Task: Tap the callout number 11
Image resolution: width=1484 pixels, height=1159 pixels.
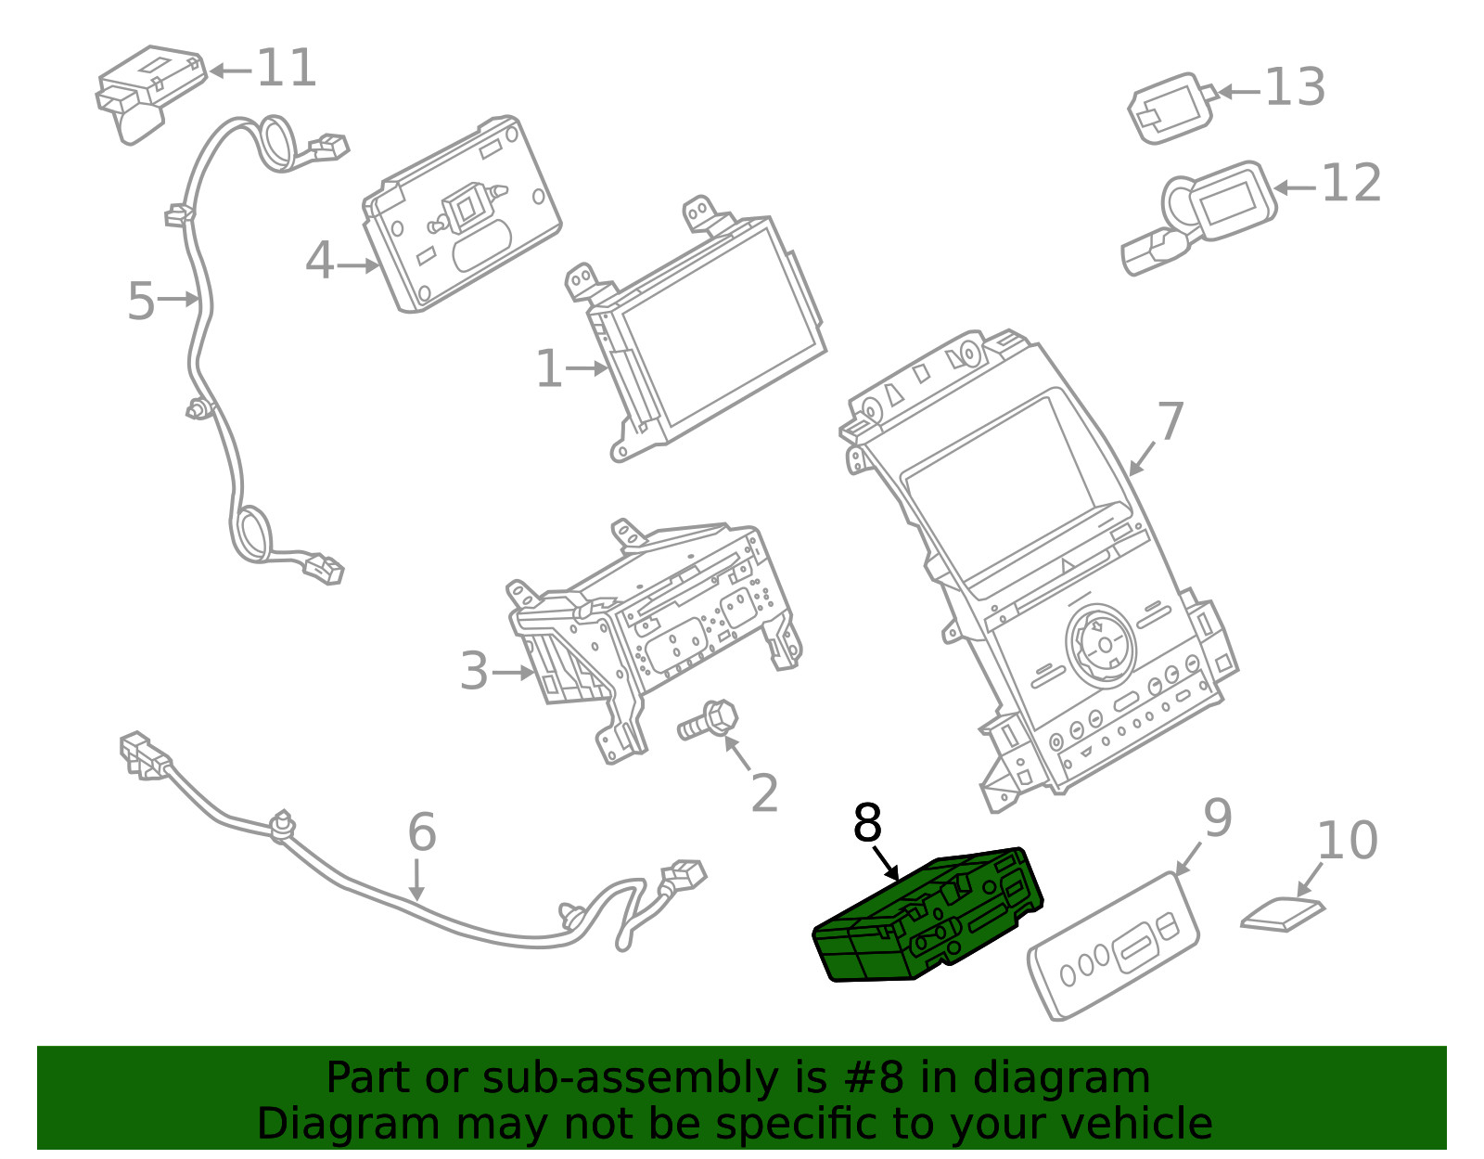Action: point(287,69)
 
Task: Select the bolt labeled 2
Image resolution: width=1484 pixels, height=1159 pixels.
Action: point(709,721)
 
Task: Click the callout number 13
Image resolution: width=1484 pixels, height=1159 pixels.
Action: point(1295,88)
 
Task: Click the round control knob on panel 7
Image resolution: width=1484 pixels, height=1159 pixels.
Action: point(1101,641)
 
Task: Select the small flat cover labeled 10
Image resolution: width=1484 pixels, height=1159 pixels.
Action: point(1282,915)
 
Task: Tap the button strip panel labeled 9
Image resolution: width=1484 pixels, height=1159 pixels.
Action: point(1113,947)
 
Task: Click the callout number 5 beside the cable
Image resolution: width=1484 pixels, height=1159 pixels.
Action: point(140,302)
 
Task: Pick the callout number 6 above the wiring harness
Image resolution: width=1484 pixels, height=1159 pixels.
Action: point(421,831)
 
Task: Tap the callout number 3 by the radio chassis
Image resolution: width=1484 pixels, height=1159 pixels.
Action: point(474,671)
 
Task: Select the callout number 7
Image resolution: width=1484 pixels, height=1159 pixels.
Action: point(1171,422)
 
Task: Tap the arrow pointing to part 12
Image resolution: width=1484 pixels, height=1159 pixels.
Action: point(1295,187)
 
